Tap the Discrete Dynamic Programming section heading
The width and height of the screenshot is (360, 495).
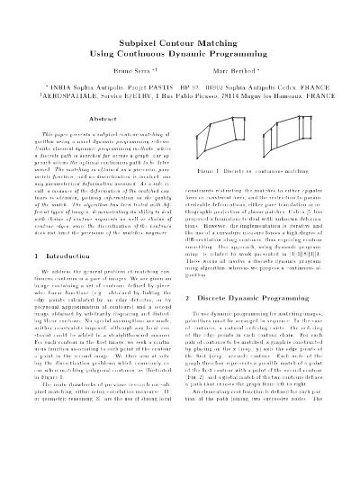click(x=265, y=298)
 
